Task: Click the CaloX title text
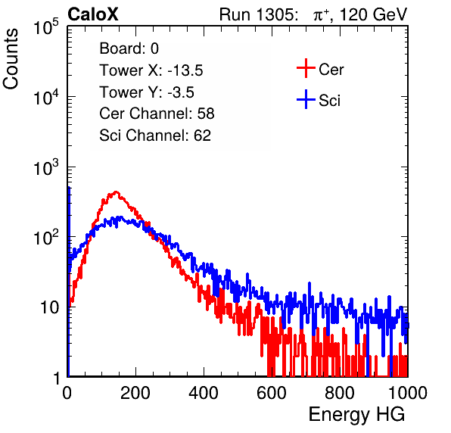tap(93, 14)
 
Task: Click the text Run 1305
tap(258, 14)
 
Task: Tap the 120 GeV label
tap(373, 14)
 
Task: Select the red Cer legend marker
tap(306, 68)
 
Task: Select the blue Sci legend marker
tap(306, 100)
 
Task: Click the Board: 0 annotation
tap(129, 48)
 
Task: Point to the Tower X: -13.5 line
tap(151, 70)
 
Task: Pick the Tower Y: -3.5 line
tap(147, 92)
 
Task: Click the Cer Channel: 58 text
tap(157, 114)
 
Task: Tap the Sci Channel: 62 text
tap(155, 136)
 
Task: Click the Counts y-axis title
tap(11, 59)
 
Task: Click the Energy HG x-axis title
tap(356, 415)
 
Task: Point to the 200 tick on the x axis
tap(135, 393)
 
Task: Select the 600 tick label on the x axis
tap(272, 393)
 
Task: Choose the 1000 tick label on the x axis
tap(408, 393)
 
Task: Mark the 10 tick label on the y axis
tap(51, 307)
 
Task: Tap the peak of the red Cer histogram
tap(116, 192)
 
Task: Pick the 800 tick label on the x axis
tap(340, 393)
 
